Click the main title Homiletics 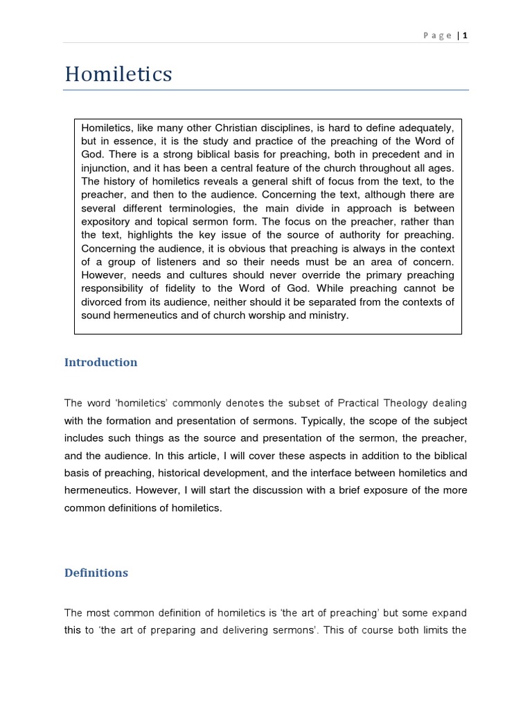(x=118, y=73)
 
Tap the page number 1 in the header (x=465, y=35)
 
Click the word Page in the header (x=438, y=35)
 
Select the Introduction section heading (x=100, y=362)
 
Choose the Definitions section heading (x=96, y=573)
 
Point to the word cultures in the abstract (x=216, y=275)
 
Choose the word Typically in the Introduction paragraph (x=335, y=421)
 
